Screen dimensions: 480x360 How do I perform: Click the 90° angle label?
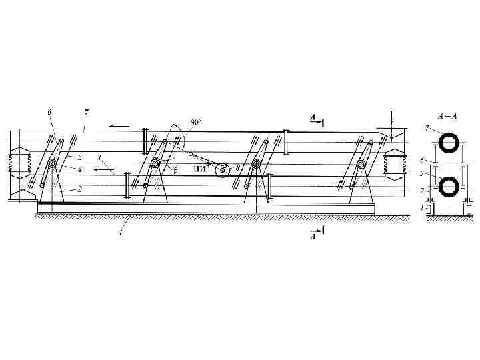tap(195, 122)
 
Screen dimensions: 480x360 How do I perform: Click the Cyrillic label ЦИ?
tap(199, 169)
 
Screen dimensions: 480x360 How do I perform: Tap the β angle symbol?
tap(175, 169)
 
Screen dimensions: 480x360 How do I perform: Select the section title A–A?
tap(447, 115)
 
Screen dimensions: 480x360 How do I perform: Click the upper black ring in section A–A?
tap(449, 142)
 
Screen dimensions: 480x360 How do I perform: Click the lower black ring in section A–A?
tap(449, 185)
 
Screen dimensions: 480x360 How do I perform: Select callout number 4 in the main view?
tap(80, 169)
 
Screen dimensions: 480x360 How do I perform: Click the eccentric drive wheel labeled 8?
tap(222, 171)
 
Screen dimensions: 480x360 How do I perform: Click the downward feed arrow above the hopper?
tap(392, 118)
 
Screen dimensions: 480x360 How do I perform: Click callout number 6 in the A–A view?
tap(421, 161)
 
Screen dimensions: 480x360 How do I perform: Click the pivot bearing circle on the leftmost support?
tap(51, 164)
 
